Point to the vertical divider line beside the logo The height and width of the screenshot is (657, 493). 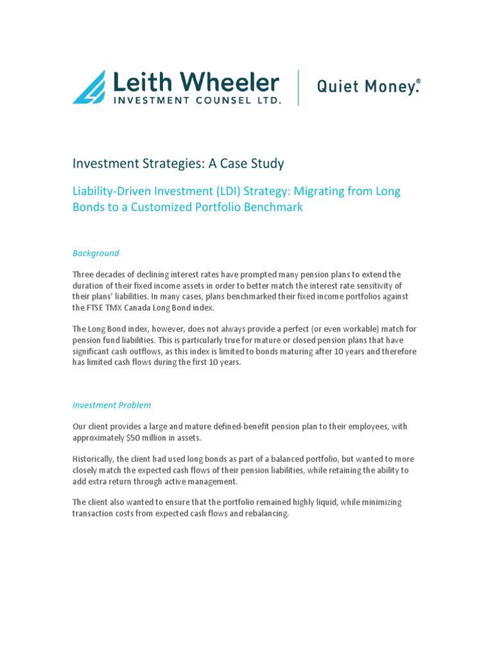tap(298, 87)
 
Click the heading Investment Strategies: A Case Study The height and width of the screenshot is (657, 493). tap(178, 164)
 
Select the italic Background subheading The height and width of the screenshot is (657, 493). tap(96, 253)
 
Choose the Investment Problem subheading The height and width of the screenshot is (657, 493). tap(112, 405)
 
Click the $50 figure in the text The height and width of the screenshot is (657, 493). tap(130, 437)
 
